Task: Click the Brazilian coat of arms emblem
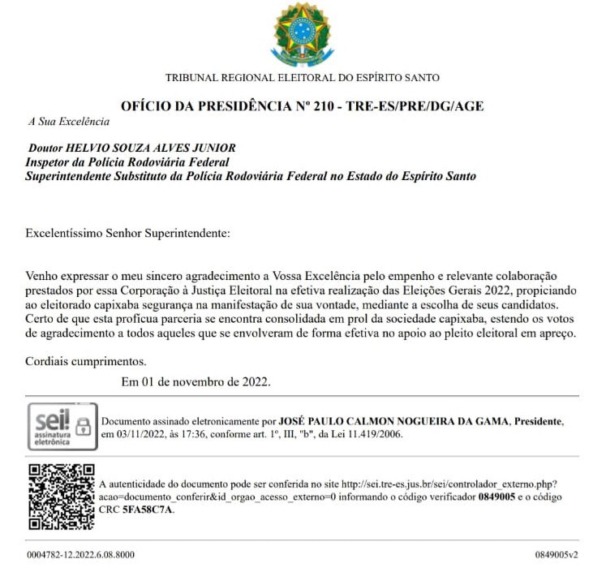tap(301, 34)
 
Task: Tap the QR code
tap(61, 497)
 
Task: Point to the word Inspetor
tap(48, 162)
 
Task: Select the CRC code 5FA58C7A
tap(147, 510)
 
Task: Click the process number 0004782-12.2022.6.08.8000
tap(81, 555)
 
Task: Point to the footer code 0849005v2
tap(556, 555)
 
